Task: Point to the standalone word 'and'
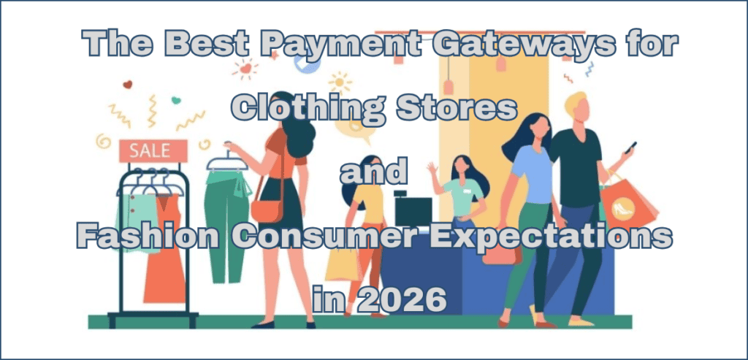coord(373,172)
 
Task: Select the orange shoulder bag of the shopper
coord(266,210)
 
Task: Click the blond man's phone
coord(630,147)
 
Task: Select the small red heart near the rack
coord(128,85)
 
